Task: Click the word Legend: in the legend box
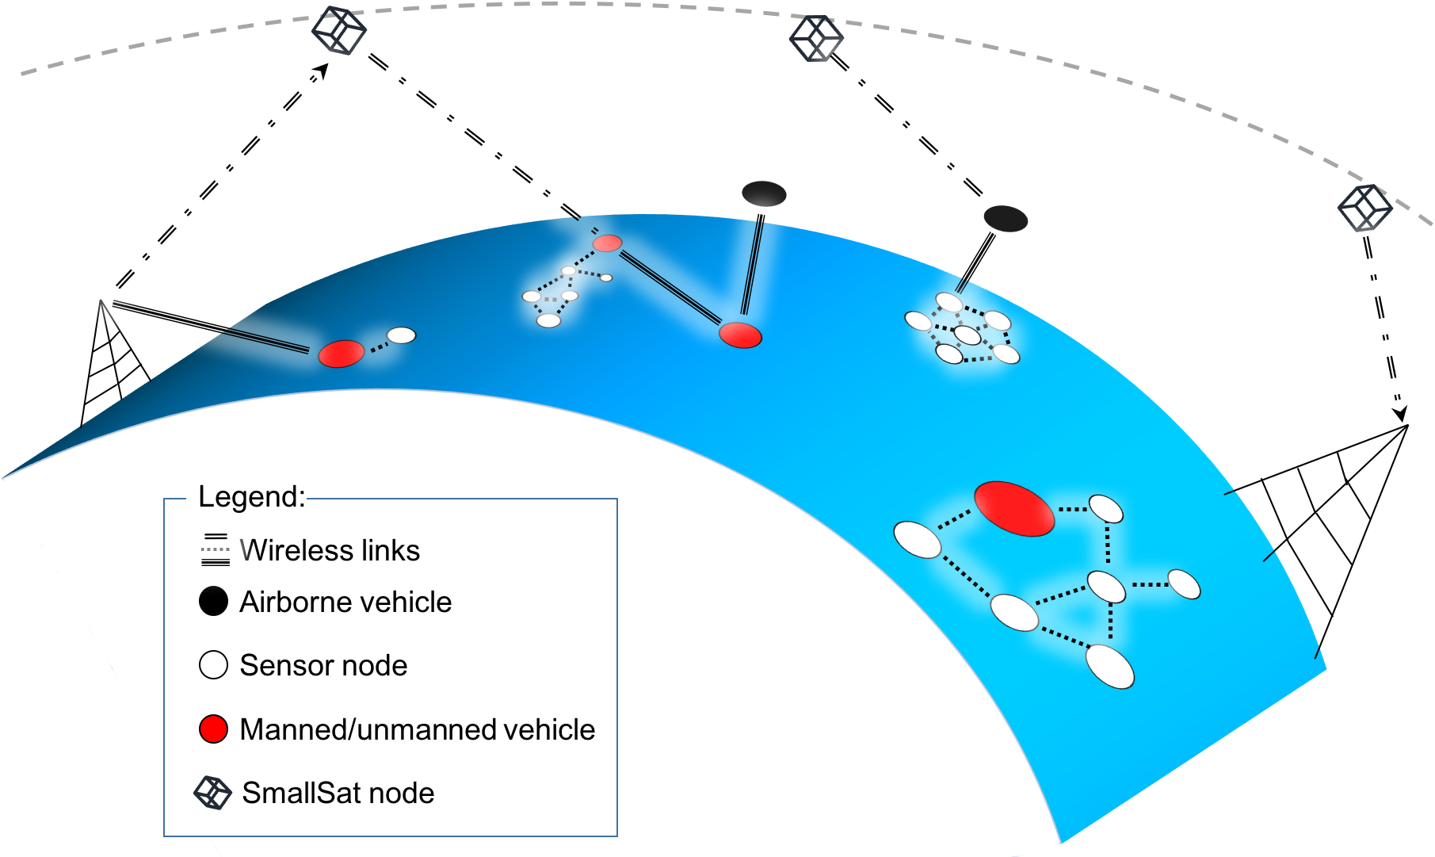[x=251, y=496]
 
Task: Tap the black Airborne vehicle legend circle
[x=213, y=602]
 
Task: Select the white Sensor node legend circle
[x=213, y=665]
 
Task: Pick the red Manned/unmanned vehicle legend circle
[x=213, y=729]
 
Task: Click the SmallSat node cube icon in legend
[x=212, y=793]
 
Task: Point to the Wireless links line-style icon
[x=216, y=550]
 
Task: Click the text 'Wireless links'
[x=330, y=550]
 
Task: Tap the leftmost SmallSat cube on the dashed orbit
[x=339, y=31]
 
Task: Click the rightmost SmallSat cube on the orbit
[x=1364, y=208]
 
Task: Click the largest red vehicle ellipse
[x=1014, y=509]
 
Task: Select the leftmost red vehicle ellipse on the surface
[x=342, y=354]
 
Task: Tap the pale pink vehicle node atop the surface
[x=608, y=243]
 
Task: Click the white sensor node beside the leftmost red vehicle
[x=401, y=335]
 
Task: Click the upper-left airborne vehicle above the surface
[x=764, y=193]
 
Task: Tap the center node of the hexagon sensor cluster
[x=967, y=335]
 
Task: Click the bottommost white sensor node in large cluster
[x=1110, y=666]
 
